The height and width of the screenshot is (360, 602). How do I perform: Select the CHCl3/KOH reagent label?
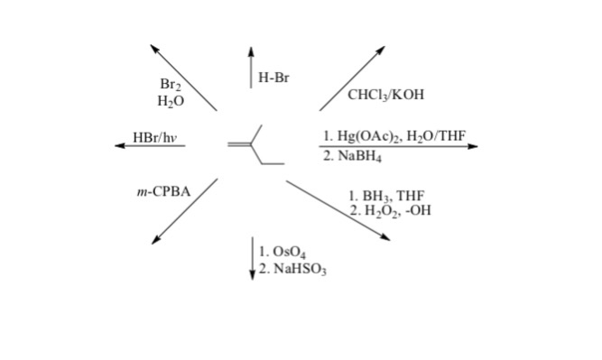click(385, 95)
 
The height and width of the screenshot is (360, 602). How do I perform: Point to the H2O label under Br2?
click(171, 100)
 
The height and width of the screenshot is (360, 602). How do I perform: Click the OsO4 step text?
click(280, 252)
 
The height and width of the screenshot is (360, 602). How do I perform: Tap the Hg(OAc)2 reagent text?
click(362, 136)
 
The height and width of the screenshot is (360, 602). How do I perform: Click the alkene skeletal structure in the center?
click(255, 148)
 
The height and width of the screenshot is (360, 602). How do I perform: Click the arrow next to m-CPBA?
click(185, 210)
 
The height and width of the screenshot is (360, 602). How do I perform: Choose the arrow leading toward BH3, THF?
click(338, 210)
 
